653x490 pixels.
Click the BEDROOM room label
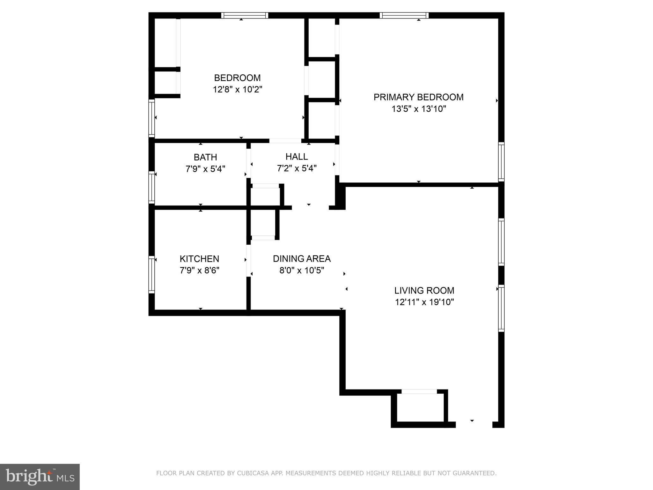237,78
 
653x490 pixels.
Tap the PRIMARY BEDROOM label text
418,97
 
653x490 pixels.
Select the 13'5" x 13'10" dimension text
418,109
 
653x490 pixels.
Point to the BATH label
205,157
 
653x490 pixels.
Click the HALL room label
297,156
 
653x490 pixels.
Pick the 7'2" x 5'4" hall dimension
297,168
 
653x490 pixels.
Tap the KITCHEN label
199,259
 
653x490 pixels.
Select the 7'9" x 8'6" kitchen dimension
199,271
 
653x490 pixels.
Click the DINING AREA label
302,259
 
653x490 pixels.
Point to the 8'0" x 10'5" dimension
302,271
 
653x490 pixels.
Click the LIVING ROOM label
424,290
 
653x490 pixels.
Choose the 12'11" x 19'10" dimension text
424,302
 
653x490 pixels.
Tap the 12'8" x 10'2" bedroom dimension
237,89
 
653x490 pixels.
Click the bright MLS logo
40,477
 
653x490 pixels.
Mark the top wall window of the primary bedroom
404,15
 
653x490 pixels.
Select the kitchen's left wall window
152,274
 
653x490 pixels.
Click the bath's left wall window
152,187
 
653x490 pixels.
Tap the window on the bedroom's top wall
245,15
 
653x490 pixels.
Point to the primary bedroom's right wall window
501,162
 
